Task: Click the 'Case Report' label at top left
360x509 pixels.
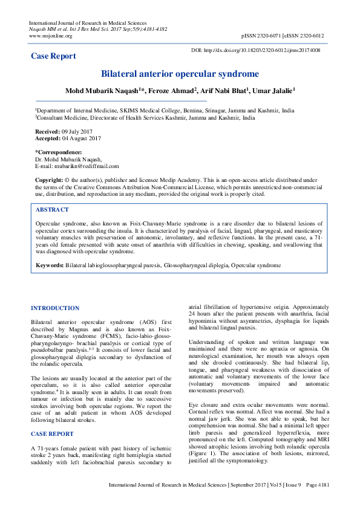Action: (54, 56)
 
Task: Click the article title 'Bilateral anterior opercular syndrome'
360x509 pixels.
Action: (180, 74)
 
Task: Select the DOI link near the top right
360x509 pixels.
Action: (255, 50)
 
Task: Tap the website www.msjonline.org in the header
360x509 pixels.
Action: (50, 36)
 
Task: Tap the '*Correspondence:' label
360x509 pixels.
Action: (58, 152)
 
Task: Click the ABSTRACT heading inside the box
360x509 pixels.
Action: (52, 209)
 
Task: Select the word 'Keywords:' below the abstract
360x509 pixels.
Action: (50, 265)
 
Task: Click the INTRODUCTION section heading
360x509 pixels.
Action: (55, 308)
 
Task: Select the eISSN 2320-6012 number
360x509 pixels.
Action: (306, 36)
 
